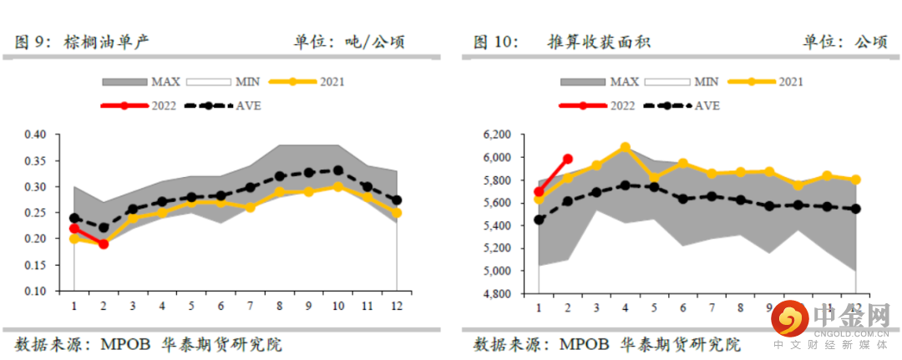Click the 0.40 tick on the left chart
pyautogui.click(x=37, y=134)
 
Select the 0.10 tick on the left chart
pyautogui.click(x=37, y=292)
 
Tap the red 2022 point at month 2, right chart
pyautogui.click(x=568, y=159)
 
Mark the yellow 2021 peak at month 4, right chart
pyautogui.click(x=625, y=148)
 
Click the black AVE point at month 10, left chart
pyautogui.click(x=338, y=170)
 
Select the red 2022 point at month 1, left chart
pyautogui.click(x=74, y=228)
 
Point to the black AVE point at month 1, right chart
pyautogui.click(x=539, y=220)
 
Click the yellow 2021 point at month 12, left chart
pyautogui.click(x=397, y=213)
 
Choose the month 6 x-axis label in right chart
pyautogui.click(x=684, y=307)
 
